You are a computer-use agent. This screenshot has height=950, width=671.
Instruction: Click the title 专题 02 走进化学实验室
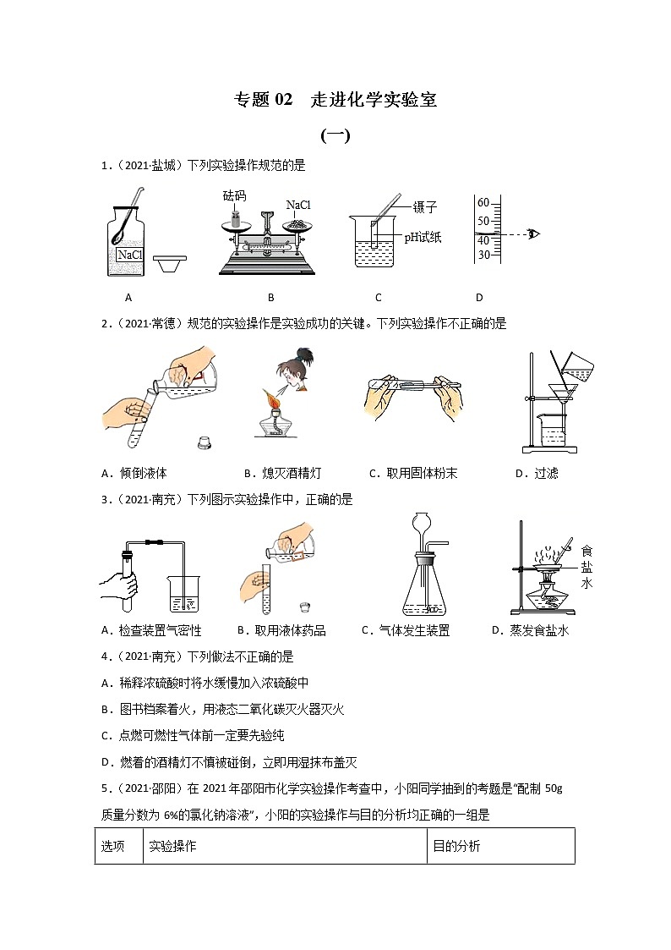335,100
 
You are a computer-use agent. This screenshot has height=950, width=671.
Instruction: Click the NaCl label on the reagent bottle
129,255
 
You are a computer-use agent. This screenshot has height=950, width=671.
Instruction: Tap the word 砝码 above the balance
234,195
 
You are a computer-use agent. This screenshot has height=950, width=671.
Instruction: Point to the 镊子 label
424,208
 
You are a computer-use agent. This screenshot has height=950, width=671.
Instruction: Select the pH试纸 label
423,238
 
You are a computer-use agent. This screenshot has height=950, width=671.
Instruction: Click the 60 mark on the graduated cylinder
483,202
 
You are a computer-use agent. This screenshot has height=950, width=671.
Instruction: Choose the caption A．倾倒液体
139,473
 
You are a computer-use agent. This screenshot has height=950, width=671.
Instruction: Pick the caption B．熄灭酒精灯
281,473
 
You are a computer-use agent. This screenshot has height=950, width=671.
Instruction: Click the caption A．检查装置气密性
150,630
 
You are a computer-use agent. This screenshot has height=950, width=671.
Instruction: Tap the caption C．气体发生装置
405,630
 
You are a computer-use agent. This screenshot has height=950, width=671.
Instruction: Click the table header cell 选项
113,846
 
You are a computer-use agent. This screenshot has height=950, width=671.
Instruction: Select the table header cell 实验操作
172,846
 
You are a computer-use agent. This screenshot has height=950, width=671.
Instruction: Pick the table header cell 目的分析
456,846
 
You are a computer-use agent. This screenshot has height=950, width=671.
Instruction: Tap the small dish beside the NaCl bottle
172,265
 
